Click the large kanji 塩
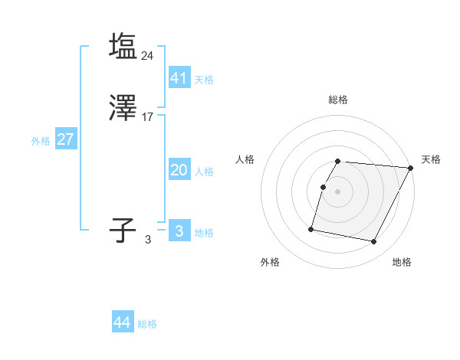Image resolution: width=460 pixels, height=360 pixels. [x=123, y=46]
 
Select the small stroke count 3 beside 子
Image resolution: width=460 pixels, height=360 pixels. [x=148, y=240]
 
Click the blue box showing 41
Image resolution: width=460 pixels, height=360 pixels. [x=179, y=77]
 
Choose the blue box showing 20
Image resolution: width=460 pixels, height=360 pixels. [x=179, y=170]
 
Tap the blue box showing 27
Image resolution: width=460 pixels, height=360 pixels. [x=65, y=139]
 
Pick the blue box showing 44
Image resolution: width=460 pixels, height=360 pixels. [x=123, y=322]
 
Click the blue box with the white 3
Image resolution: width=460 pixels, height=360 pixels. [x=179, y=231]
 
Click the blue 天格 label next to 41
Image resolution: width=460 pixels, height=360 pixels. [x=204, y=80]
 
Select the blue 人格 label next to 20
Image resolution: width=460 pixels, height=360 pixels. [x=204, y=172]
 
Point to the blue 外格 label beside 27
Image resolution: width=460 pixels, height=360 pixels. [x=41, y=141]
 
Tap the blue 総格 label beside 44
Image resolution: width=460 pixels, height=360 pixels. [x=147, y=325]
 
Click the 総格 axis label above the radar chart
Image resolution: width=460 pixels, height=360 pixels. [x=338, y=100]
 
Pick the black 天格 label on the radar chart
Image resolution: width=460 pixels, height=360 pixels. [x=431, y=159]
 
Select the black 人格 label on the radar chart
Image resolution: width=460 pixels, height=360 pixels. [x=245, y=159]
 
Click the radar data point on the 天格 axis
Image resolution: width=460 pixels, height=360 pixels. [x=411, y=168]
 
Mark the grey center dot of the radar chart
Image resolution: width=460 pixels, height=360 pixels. [x=338, y=191]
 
